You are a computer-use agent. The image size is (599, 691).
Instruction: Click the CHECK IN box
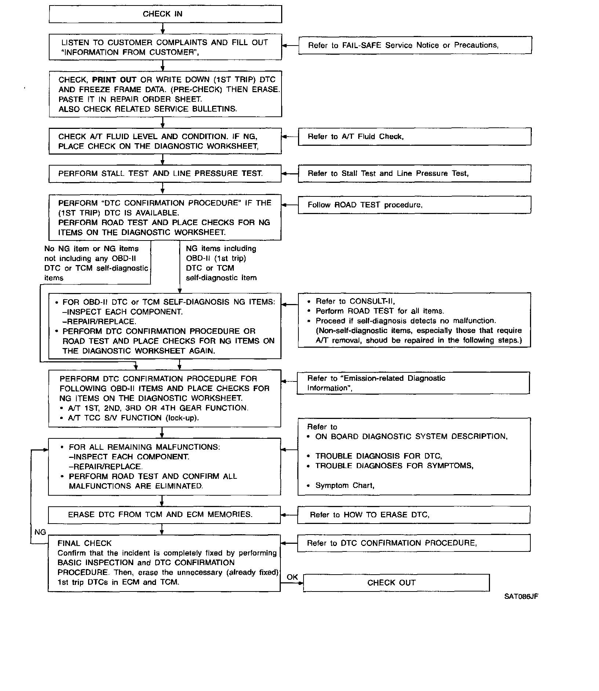pyautogui.click(x=165, y=14)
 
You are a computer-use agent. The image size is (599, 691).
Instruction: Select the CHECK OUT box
pyautogui.click(x=396, y=583)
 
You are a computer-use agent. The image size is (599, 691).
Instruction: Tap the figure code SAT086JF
pyautogui.click(x=521, y=596)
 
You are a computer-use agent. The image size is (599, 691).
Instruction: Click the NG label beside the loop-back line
pyautogui.click(x=40, y=532)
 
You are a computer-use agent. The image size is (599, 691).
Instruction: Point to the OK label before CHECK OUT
pyautogui.click(x=292, y=577)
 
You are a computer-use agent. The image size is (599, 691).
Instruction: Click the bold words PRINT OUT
pyautogui.click(x=114, y=80)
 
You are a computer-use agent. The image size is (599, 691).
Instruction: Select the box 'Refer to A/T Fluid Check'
pyautogui.click(x=414, y=137)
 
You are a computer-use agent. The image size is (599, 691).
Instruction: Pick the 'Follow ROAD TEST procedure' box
pyautogui.click(x=414, y=205)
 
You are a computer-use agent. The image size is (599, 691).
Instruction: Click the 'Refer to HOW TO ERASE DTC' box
pyautogui.click(x=414, y=515)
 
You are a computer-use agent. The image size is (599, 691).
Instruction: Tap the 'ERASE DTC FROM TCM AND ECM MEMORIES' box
pyautogui.click(x=164, y=515)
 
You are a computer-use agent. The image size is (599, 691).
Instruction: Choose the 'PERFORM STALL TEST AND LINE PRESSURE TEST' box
pyautogui.click(x=165, y=174)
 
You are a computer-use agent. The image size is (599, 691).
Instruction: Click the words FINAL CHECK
pyautogui.click(x=84, y=543)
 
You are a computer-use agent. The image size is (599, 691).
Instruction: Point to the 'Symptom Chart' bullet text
pyautogui.click(x=345, y=485)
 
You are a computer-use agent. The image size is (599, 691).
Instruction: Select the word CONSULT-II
pyautogui.click(x=372, y=301)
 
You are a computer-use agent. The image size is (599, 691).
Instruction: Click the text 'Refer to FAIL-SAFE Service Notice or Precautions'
pyautogui.click(x=403, y=45)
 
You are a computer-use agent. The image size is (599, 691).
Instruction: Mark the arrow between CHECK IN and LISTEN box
pyautogui.click(x=163, y=29)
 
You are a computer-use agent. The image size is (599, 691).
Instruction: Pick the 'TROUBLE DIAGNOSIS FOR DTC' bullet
pyautogui.click(x=378, y=456)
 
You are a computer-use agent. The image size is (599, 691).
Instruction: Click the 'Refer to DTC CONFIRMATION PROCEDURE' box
pyautogui.click(x=414, y=543)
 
